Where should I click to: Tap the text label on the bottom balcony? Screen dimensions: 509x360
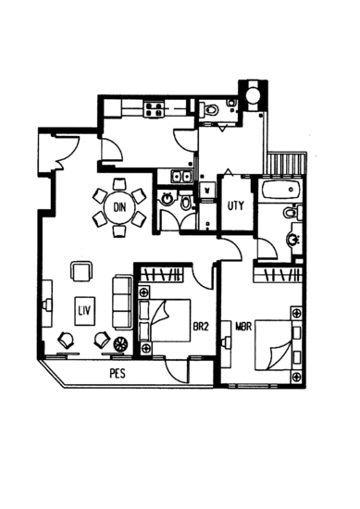pyautogui.click(x=117, y=373)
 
